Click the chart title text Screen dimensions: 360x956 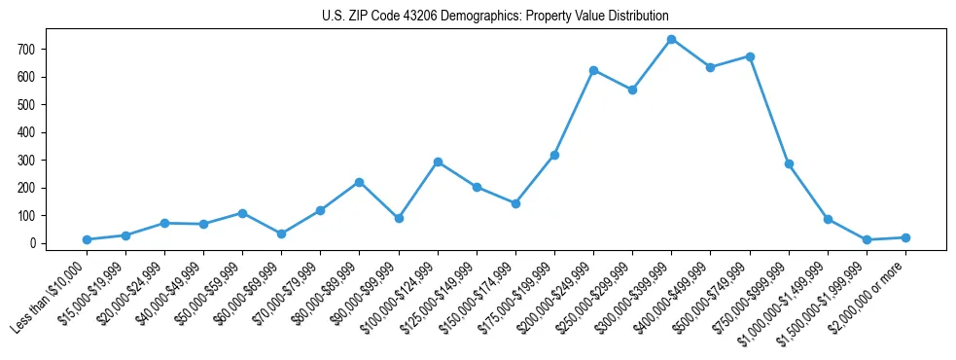495,17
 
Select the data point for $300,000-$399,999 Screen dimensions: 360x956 672,39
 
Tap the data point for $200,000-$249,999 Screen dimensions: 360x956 593,70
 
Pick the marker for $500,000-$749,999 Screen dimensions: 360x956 750,56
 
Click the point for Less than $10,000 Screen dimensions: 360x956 87,239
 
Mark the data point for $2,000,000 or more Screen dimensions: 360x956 905,237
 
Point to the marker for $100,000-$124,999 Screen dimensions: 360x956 438,162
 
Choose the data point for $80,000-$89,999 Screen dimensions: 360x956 360,182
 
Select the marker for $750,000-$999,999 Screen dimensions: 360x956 789,163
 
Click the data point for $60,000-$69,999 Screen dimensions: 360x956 281,234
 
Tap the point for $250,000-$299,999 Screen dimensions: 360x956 632,90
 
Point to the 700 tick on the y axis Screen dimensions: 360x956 34,49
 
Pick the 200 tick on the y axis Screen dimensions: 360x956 34,188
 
